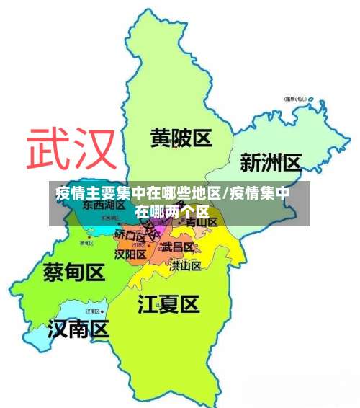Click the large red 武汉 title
click(71, 149)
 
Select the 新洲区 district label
click(270, 162)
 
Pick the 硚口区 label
click(130, 235)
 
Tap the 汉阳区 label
click(130, 254)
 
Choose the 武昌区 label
click(177, 247)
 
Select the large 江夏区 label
click(168, 303)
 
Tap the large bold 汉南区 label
click(78, 329)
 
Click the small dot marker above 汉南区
click(85, 311)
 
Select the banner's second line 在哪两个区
click(173, 211)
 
